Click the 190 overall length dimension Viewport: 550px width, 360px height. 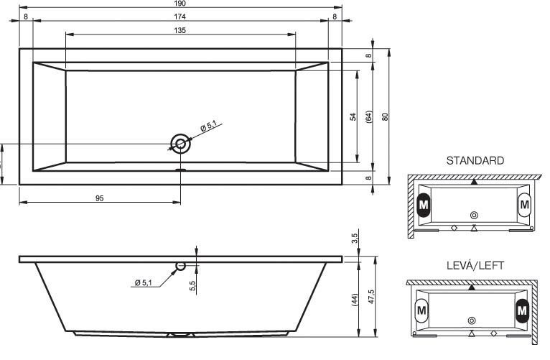(180, 4)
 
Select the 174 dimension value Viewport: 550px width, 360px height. (180, 16)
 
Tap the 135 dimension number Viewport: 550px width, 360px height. (180, 30)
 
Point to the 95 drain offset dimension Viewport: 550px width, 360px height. (100, 198)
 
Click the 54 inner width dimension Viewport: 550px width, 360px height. (353, 116)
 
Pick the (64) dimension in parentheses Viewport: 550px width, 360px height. (369, 116)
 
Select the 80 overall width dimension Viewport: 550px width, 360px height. (385, 116)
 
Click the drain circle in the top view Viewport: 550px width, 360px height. (181, 144)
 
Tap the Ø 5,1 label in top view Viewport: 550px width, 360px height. (209, 126)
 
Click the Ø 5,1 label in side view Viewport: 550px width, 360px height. (144, 282)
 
